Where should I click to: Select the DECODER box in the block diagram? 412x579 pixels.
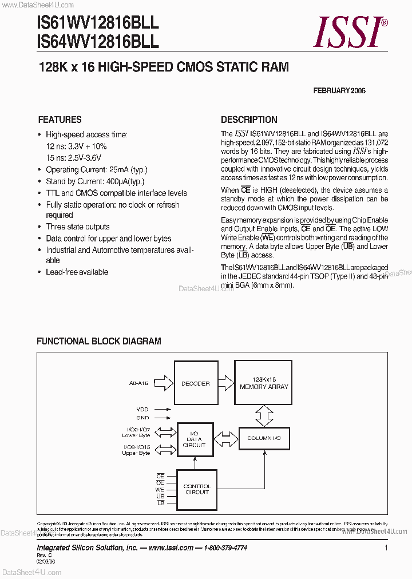pos(195,383)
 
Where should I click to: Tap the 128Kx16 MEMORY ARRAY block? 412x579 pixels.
pos(264,383)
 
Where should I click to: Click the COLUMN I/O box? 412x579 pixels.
pos(264,438)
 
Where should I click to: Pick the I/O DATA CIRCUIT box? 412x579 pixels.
pos(195,439)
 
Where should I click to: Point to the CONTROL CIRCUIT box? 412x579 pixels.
pos(197,489)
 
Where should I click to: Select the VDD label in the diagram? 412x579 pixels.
pos(142,409)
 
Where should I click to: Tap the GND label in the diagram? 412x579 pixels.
pos(142,418)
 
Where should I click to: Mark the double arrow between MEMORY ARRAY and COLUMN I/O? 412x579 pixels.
pos(264,413)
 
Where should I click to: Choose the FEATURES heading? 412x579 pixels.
pos(60,120)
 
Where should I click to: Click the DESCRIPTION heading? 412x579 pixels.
pos(249,120)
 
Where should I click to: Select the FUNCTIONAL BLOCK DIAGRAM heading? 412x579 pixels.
pos(99,341)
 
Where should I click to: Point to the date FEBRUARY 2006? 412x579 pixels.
pos(339,90)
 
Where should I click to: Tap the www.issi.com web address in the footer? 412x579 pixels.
pos(171,548)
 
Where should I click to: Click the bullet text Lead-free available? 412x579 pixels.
pos(77,272)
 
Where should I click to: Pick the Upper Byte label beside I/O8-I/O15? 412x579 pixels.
pos(136,453)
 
